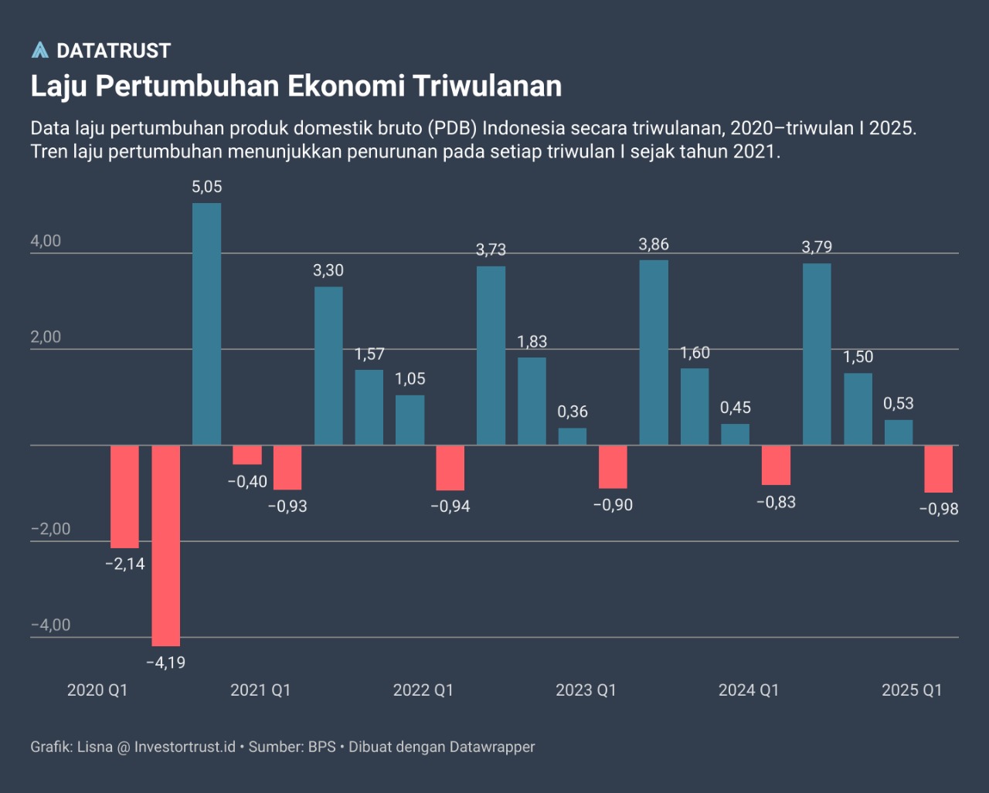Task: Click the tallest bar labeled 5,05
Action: coord(206,324)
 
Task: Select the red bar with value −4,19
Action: coord(165,545)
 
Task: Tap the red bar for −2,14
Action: coord(124,496)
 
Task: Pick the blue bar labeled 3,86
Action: coord(654,352)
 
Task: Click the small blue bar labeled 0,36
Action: coord(573,436)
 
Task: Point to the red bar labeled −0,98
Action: coord(939,469)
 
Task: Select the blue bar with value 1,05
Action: coord(410,420)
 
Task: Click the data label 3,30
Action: coord(328,270)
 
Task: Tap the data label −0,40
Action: coord(247,482)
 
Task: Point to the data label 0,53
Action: coord(899,403)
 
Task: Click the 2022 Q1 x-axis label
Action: coord(423,690)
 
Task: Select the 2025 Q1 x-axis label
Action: coord(912,690)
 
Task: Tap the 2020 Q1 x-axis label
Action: coord(97,690)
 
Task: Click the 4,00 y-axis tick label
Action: coord(46,241)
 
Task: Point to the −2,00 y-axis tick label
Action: coord(50,529)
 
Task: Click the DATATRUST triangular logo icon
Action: coord(39,50)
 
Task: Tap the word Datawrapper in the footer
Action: coord(492,747)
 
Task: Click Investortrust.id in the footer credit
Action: coord(185,747)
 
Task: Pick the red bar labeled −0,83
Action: coord(776,465)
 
